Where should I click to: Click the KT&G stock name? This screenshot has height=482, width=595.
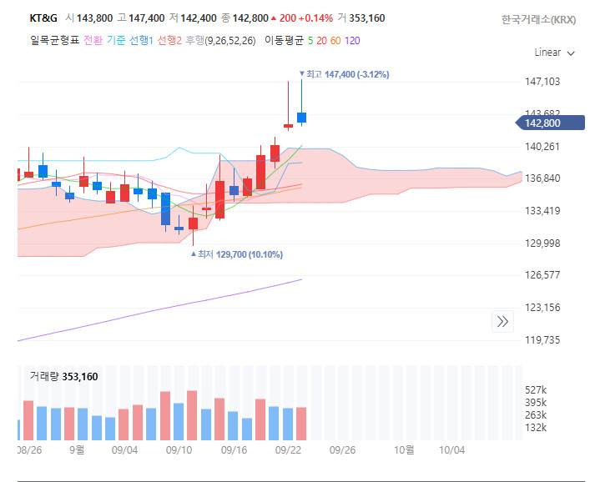(x=44, y=18)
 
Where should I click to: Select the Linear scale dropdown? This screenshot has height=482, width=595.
(x=554, y=53)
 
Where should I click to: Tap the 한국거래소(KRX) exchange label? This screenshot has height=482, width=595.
(x=538, y=18)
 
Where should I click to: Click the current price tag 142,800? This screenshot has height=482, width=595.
(x=542, y=123)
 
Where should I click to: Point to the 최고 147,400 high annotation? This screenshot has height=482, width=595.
(x=346, y=74)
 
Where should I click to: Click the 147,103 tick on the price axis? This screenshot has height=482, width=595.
(x=542, y=82)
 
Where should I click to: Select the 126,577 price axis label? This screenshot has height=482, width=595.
(x=542, y=275)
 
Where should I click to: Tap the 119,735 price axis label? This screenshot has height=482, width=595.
(x=542, y=340)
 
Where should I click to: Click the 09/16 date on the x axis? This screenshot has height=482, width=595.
(x=234, y=449)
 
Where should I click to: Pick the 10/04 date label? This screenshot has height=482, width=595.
(x=451, y=449)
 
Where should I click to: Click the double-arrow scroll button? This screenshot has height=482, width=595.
(x=502, y=321)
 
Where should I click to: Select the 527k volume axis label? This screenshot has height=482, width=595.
(x=536, y=390)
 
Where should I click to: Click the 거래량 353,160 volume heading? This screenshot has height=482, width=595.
(x=63, y=377)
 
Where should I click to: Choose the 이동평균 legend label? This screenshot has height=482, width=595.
(x=284, y=39)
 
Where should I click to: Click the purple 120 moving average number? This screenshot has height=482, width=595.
(x=352, y=39)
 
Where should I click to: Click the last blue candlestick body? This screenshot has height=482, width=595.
(x=301, y=118)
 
